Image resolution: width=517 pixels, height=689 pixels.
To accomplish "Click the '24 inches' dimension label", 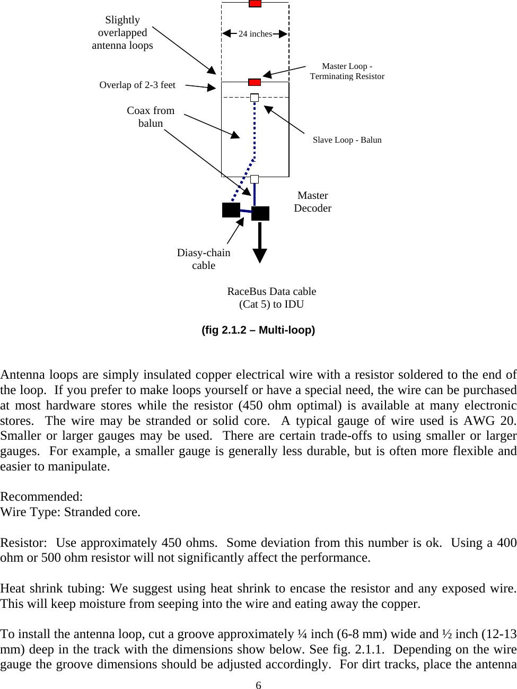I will [x=255, y=34].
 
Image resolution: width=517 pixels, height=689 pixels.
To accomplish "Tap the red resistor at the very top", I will [x=255, y=3].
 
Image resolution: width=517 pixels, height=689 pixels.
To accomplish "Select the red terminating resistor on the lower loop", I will [x=255, y=82].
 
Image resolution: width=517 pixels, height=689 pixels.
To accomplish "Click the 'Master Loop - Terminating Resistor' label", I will [x=347, y=71].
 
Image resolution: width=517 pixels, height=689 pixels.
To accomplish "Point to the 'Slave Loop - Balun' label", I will [x=347, y=140].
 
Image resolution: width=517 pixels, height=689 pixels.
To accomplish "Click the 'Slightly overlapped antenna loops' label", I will [x=122, y=33].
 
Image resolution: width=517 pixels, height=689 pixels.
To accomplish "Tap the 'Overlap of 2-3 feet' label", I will [x=137, y=85].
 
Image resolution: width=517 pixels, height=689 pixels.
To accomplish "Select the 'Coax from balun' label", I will [x=151, y=117].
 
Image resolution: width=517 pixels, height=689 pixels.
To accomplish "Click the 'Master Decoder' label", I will [x=313, y=202].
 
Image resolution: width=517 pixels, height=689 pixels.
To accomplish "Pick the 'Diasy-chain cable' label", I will [x=204, y=259].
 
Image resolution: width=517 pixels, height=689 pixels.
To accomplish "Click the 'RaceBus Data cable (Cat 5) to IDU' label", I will [x=271, y=298].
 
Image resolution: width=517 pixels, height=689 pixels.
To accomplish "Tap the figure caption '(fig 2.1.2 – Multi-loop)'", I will [x=258, y=330].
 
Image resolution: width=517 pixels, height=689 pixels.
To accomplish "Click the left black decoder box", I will [x=231, y=210].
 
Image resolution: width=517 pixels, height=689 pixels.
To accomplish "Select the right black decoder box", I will [x=260, y=213].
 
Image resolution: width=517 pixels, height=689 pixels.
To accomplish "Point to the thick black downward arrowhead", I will [x=259, y=256].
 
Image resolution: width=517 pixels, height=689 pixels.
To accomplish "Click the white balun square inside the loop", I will [x=255, y=98].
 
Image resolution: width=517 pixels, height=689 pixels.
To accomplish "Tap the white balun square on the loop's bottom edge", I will [x=255, y=179].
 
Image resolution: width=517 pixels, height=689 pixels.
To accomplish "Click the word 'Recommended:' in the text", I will [x=41, y=496].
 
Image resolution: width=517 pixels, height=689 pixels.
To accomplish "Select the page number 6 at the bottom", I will [x=258, y=685].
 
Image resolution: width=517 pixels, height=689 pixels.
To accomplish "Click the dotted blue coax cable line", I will [x=255, y=133].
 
